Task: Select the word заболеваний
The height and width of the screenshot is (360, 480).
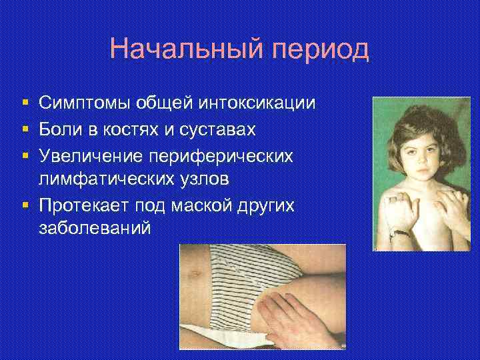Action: [x=94, y=228]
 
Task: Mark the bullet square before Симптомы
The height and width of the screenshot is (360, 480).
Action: [x=24, y=104]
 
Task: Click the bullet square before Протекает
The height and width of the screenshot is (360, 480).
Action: [x=24, y=204]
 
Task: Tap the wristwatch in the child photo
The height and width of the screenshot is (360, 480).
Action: [x=398, y=233]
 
